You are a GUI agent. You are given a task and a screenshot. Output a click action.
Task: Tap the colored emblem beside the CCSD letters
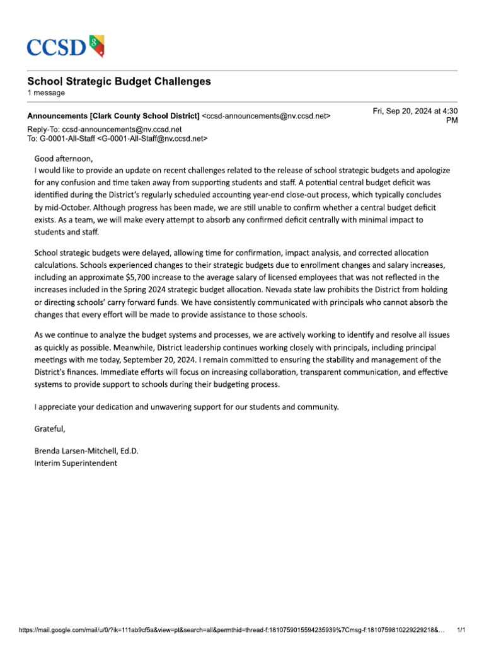[96, 45]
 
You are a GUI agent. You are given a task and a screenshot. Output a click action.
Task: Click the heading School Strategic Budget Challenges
[118, 81]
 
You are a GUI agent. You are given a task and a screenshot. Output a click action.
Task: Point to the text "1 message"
[45, 93]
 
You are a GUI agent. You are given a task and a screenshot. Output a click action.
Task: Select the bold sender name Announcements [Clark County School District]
[113, 116]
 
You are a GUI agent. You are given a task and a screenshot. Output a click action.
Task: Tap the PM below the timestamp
[452, 120]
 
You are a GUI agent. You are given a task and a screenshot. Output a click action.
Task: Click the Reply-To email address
[122, 129]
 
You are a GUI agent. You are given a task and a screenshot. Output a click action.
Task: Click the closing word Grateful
[50, 429]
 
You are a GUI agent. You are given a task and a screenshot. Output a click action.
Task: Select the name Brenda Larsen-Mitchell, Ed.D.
[86, 451]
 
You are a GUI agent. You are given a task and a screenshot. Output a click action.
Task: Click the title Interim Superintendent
[76, 463]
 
